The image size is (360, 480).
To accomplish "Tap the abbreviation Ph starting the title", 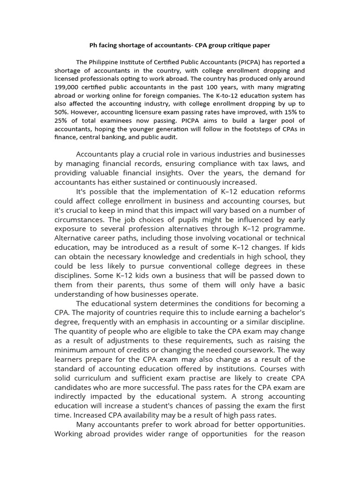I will (93, 45).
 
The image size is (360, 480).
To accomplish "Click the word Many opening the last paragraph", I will (87, 425).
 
